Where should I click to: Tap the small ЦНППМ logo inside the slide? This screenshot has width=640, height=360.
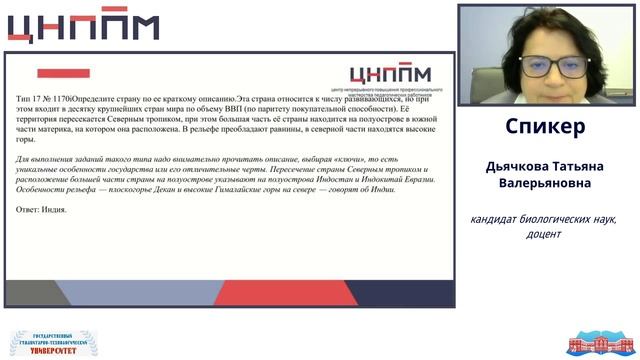389,73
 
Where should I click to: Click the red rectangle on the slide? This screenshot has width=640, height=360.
63,73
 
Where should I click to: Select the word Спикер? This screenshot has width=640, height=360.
545,127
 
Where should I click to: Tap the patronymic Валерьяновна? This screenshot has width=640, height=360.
545,184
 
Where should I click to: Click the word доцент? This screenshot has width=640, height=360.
544,235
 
